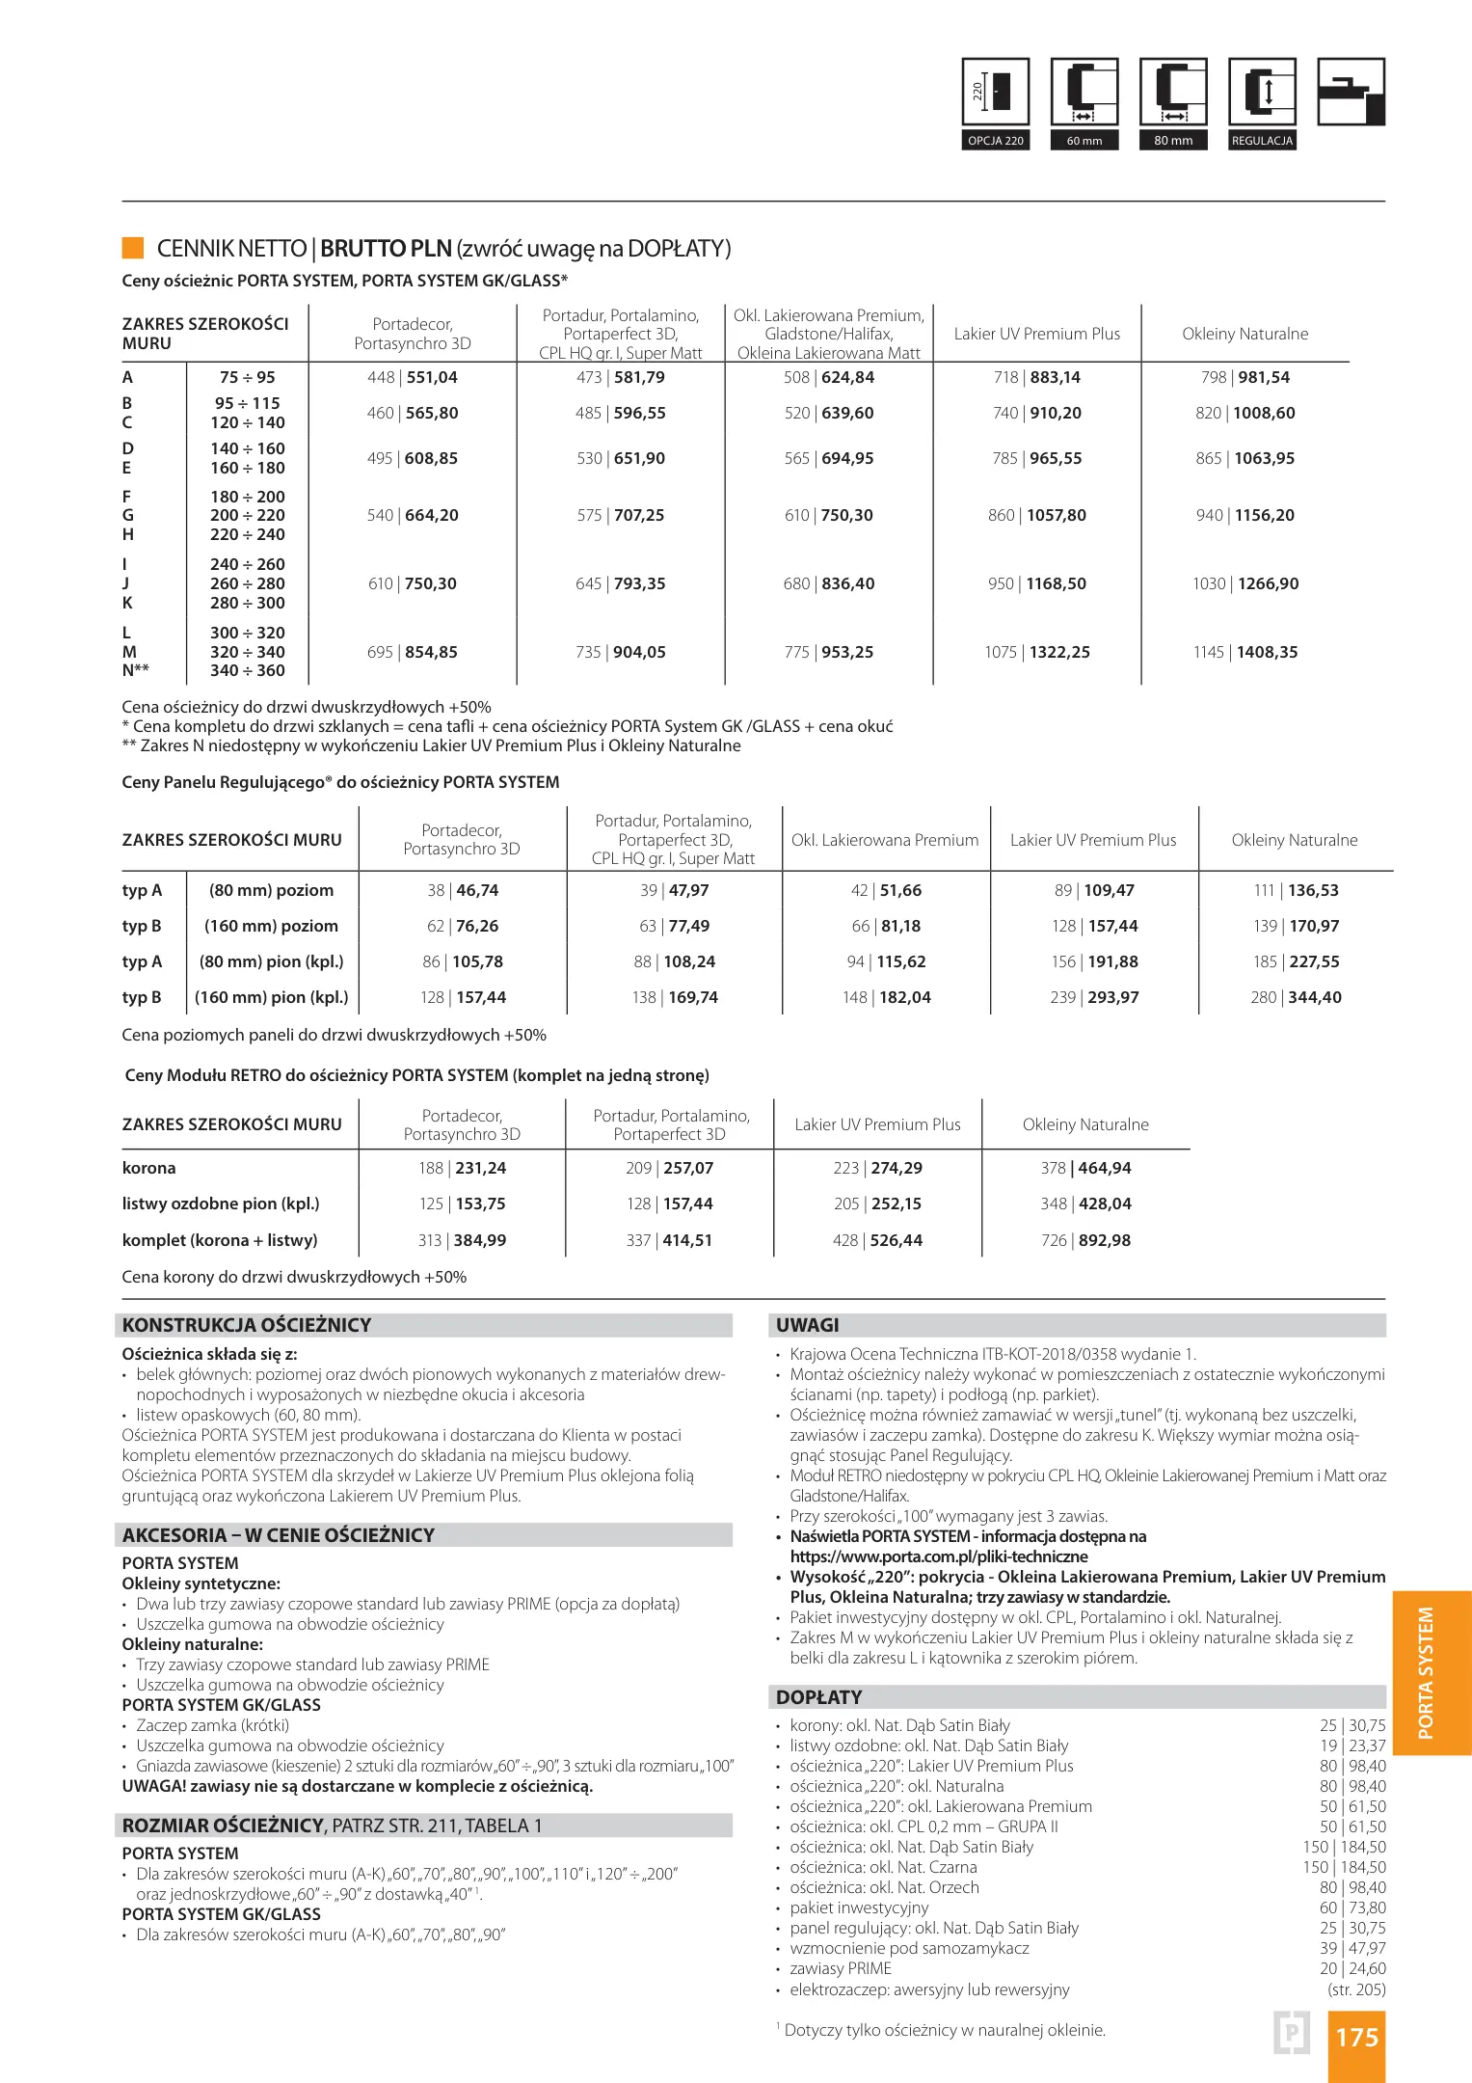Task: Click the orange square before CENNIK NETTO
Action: (133, 248)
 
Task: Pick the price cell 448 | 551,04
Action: (413, 378)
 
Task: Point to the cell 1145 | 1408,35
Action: (1245, 653)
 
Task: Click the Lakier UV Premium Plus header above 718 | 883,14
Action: (1037, 335)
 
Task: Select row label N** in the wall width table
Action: (136, 671)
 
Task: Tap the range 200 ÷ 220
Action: (248, 516)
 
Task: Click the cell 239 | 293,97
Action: (1094, 998)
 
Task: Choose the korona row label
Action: (149, 1169)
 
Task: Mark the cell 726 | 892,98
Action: (1085, 1241)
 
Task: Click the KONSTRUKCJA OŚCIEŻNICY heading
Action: (247, 1326)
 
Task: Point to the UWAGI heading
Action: (808, 1326)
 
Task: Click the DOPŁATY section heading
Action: (819, 1698)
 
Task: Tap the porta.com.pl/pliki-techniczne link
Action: (939, 1556)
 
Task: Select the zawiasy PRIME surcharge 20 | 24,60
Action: (1352, 1969)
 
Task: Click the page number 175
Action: (1356, 2038)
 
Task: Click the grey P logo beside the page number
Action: (1292, 2033)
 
